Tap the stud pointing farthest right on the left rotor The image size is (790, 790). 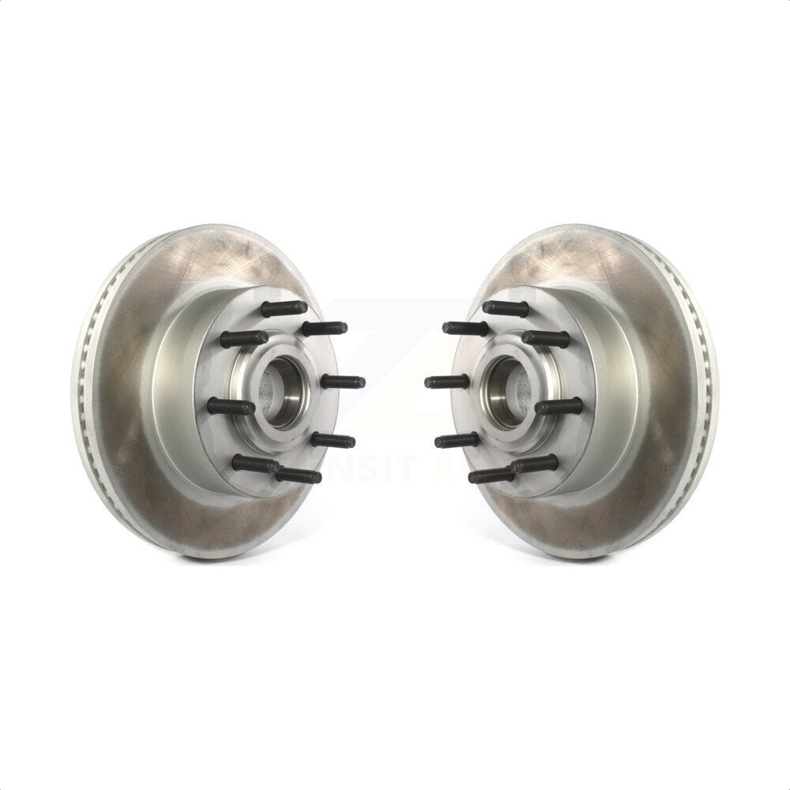click(343, 382)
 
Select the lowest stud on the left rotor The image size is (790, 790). click(299, 476)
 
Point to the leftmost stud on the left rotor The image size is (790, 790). click(231, 406)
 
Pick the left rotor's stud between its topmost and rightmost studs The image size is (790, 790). click(324, 327)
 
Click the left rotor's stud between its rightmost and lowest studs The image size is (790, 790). click(332, 440)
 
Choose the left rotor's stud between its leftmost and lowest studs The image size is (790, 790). click(254, 464)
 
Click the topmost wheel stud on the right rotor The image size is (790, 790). click(506, 308)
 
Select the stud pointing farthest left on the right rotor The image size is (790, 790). click(447, 382)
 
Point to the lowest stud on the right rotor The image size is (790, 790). click(491, 476)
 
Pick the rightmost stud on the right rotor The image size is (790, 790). click(559, 406)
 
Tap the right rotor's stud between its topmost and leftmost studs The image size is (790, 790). click(466, 327)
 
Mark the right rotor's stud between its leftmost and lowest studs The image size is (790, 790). click(458, 440)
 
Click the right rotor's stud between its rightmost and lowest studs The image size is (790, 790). click(536, 464)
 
